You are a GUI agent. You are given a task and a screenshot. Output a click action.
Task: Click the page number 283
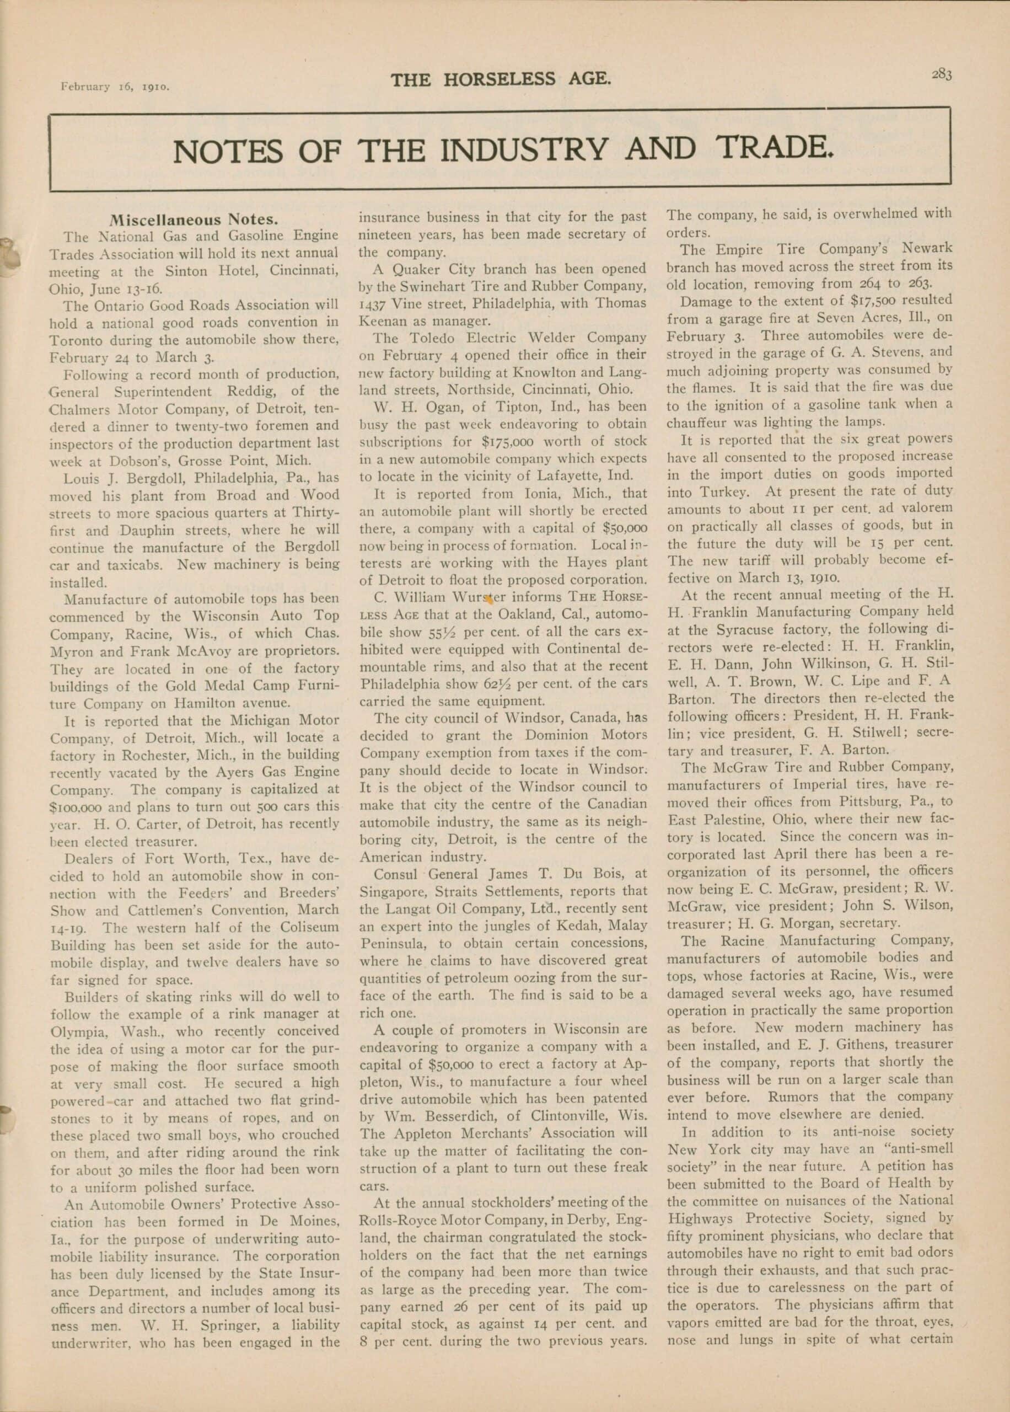[941, 74]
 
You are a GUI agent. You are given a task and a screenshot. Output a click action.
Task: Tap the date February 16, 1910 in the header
[115, 87]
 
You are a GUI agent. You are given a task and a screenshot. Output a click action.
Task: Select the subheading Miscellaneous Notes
[193, 220]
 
